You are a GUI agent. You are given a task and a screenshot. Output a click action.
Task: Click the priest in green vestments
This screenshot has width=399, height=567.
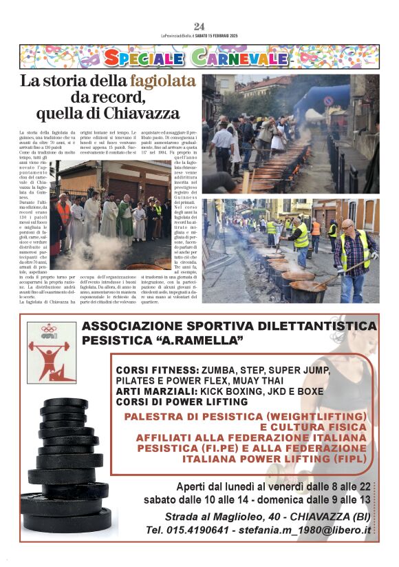tap(125, 220)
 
